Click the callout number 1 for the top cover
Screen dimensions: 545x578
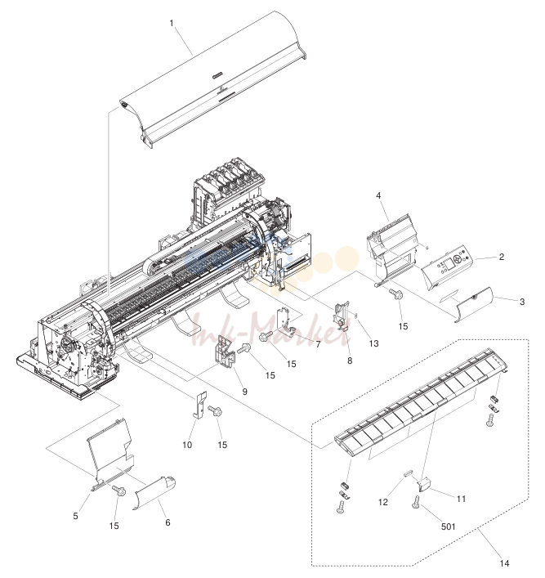(172, 23)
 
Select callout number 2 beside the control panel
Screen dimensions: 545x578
(502, 257)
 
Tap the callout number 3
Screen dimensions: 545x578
(522, 302)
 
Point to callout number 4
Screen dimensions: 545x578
(378, 195)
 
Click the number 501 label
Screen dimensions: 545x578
(448, 526)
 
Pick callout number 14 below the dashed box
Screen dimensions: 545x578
(504, 563)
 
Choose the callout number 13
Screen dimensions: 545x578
(373, 343)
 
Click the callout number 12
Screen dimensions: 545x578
(383, 502)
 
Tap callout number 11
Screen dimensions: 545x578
(462, 499)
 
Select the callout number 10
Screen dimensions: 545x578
(187, 445)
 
